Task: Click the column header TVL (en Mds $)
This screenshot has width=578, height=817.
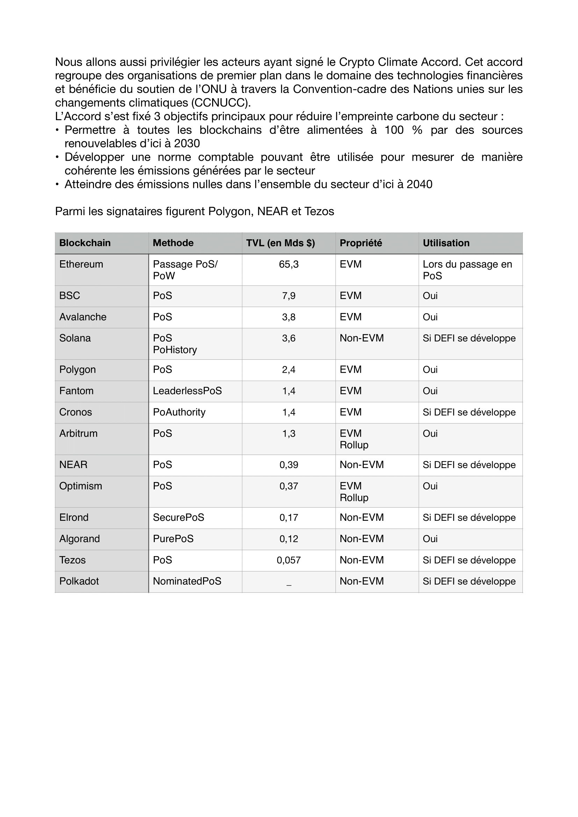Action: [x=281, y=243]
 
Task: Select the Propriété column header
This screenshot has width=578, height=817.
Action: [x=361, y=243]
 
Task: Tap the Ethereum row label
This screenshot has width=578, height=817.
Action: [x=81, y=264]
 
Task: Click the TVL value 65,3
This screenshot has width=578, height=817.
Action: [x=289, y=264]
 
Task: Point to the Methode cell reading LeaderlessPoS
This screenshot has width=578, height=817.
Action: [x=187, y=391]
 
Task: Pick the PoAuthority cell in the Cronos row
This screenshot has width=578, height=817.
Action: [x=179, y=413]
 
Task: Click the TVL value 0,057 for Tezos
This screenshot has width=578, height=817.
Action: [x=289, y=560]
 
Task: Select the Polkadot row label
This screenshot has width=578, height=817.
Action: [x=79, y=582]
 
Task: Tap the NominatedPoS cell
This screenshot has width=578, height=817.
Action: [x=187, y=582]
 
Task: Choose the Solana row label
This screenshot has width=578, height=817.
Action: [x=75, y=338]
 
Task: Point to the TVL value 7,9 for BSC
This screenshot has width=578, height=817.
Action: [x=289, y=296]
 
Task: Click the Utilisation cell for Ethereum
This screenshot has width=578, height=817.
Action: [x=467, y=270]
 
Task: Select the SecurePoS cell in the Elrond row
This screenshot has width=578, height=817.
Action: [x=178, y=518]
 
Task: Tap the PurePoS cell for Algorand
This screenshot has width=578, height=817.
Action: [x=173, y=539]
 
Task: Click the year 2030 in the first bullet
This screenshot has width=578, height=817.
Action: [x=187, y=144]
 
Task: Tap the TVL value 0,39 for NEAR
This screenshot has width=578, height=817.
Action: [x=289, y=465]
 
